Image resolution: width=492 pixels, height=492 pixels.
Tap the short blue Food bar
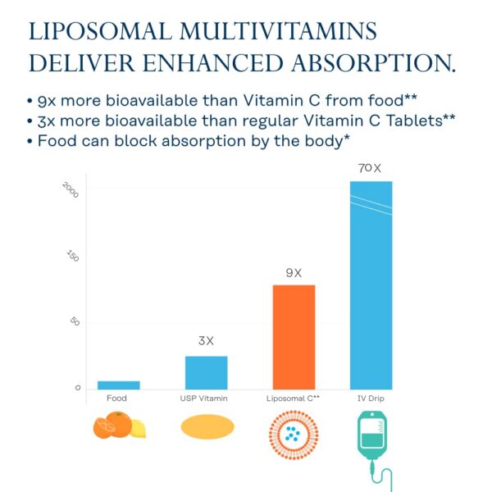(x=119, y=385)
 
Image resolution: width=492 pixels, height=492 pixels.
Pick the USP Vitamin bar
(x=206, y=372)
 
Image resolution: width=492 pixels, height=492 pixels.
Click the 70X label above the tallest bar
(x=370, y=168)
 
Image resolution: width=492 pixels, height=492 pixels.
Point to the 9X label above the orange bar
(x=294, y=272)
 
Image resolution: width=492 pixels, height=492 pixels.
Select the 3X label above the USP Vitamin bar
(x=206, y=341)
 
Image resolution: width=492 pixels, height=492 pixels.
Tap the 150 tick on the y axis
(x=73, y=256)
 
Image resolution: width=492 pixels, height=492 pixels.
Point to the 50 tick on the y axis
(x=75, y=321)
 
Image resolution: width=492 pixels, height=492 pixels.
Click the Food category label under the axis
(x=116, y=399)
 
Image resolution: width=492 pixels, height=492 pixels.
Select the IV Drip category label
(x=371, y=399)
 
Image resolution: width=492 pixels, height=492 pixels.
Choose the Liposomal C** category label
(x=293, y=399)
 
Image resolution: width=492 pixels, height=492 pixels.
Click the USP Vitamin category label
(x=204, y=399)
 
